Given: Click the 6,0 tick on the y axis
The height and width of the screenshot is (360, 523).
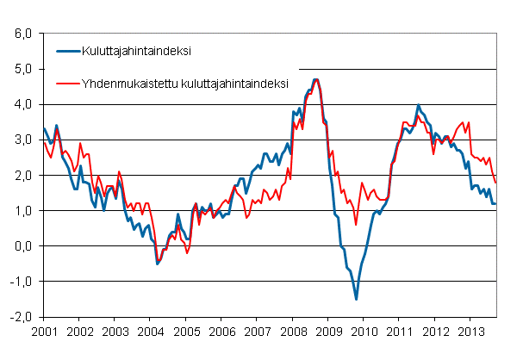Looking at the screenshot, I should (22, 34).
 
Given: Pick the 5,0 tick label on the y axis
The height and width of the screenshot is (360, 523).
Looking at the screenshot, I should (22, 69).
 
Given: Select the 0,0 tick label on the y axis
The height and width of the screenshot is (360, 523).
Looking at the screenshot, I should (22, 246).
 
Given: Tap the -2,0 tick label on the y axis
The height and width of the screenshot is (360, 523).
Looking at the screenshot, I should (21, 317).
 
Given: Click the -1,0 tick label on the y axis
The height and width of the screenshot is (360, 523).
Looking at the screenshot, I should (21, 282).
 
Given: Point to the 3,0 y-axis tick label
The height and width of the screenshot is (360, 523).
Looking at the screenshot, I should (22, 140).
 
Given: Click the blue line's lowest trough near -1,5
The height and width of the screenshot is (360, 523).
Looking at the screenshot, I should (356, 299).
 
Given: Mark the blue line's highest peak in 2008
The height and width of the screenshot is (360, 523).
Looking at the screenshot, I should (315, 79).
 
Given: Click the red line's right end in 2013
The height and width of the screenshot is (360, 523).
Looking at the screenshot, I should (495, 182).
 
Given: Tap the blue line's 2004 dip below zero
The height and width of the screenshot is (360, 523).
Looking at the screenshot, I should (157, 264).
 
